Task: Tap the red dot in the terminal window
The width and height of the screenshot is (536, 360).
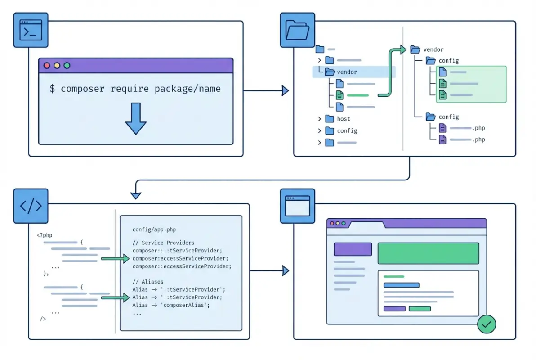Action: [46, 66]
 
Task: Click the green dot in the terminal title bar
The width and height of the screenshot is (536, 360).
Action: [67, 66]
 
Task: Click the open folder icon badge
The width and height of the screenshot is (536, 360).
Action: [297, 30]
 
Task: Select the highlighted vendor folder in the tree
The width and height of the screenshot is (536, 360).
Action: [346, 72]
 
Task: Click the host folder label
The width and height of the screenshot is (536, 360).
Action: [344, 119]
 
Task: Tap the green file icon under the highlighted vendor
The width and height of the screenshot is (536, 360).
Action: [339, 95]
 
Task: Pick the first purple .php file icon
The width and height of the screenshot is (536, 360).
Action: [442, 128]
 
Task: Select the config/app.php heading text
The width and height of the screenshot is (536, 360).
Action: [154, 230]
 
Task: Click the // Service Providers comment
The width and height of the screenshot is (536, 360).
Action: [164, 243]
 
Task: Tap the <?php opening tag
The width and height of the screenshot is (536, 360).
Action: [44, 235]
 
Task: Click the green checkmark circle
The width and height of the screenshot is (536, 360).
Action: [486, 324]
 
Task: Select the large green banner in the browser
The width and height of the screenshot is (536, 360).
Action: [428, 253]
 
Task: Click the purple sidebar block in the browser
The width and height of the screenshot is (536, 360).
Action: [353, 249]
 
